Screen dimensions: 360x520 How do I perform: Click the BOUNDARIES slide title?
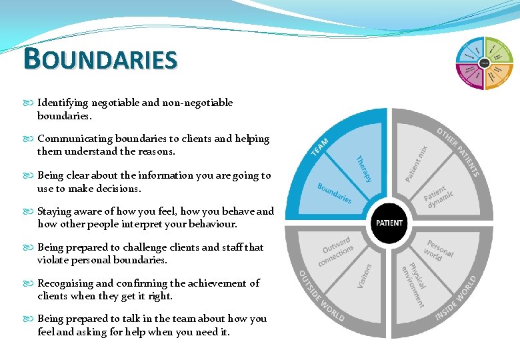click(x=101, y=59)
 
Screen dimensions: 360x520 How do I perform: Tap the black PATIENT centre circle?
click(x=389, y=223)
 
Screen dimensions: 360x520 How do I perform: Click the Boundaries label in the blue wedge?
click(x=335, y=193)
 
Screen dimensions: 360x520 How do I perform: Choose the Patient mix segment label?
click(x=417, y=163)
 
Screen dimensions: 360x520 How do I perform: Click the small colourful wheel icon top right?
click(x=484, y=63)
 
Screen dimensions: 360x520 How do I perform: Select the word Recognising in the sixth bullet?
click(x=65, y=283)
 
